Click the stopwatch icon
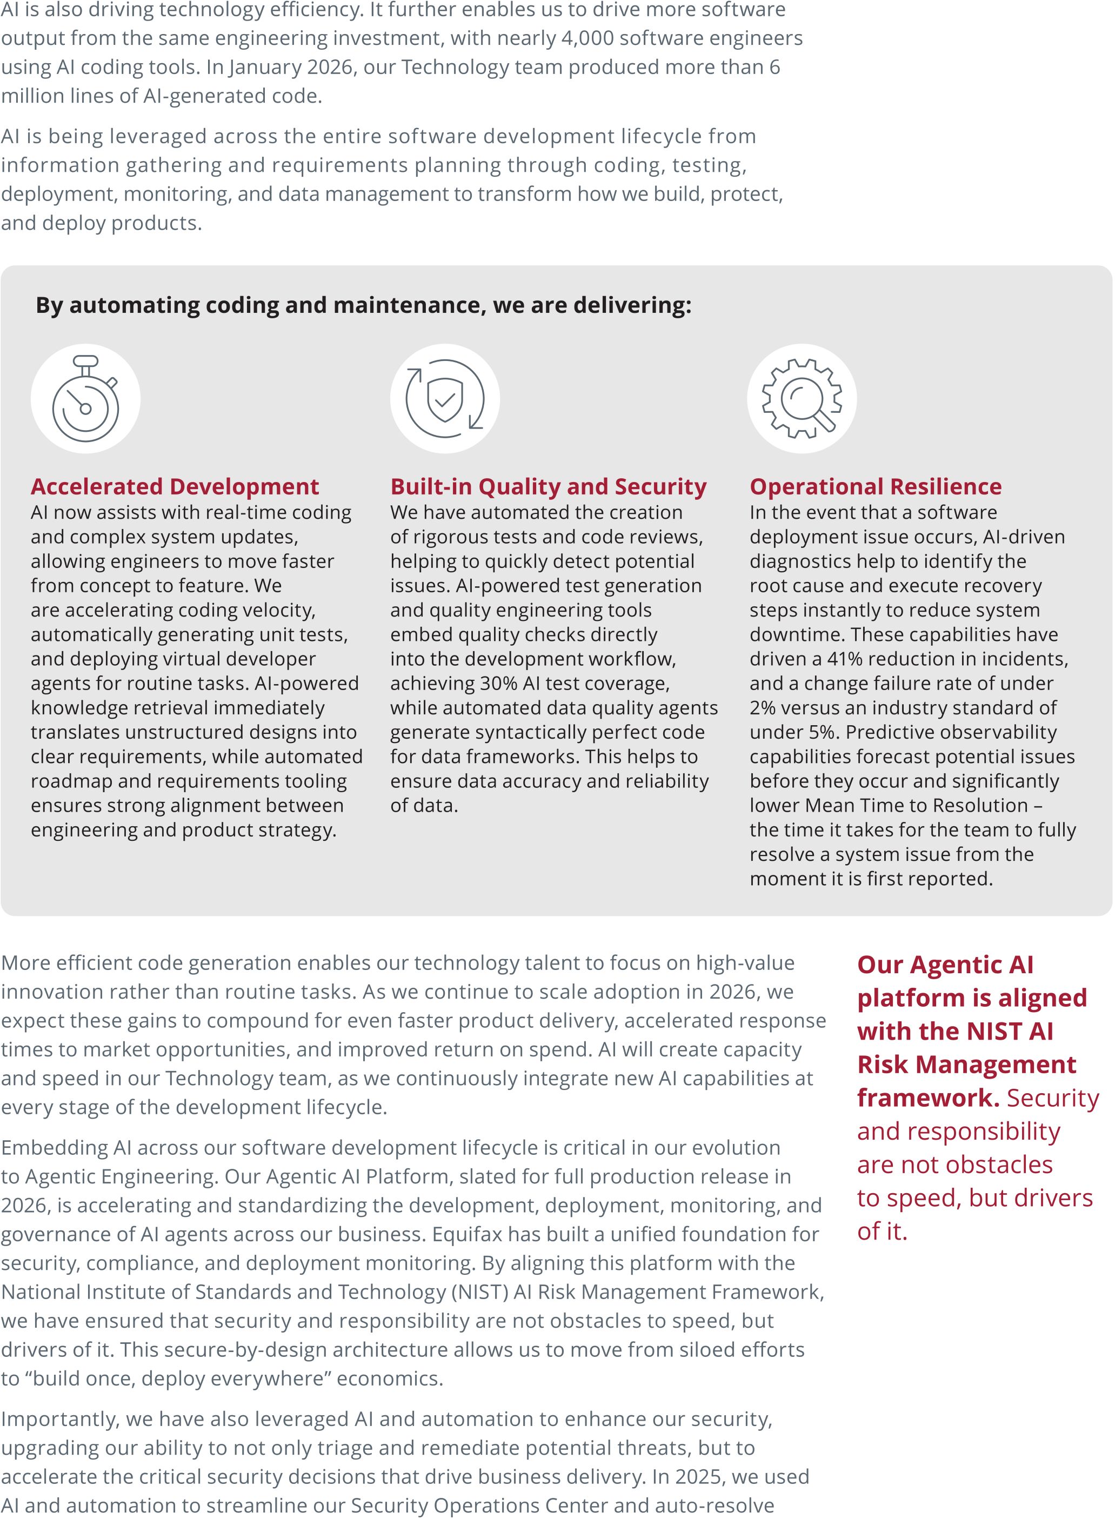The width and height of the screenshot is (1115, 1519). pyautogui.click(x=86, y=399)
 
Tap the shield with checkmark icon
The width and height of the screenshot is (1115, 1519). pyautogui.click(x=445, y=399)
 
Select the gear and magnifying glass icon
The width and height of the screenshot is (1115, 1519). pyautogui.click(x=802, y=399)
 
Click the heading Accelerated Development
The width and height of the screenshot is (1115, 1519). pyautogui.click(x=175, y=486)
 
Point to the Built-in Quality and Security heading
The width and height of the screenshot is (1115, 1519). pyautogui.click(x=548, y=486)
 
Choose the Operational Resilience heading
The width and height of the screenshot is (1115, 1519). pyautogui.click(x=876, y=486)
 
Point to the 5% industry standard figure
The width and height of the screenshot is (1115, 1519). pyautogui.click(x=824, y=732)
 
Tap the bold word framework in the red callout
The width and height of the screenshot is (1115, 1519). pyautogui.click(x=928, y=1098)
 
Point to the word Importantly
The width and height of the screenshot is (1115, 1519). pyautogui.click(x=59, y=1419)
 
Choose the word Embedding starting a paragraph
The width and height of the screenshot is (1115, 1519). pyautogui.click(x=54, y=1148)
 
